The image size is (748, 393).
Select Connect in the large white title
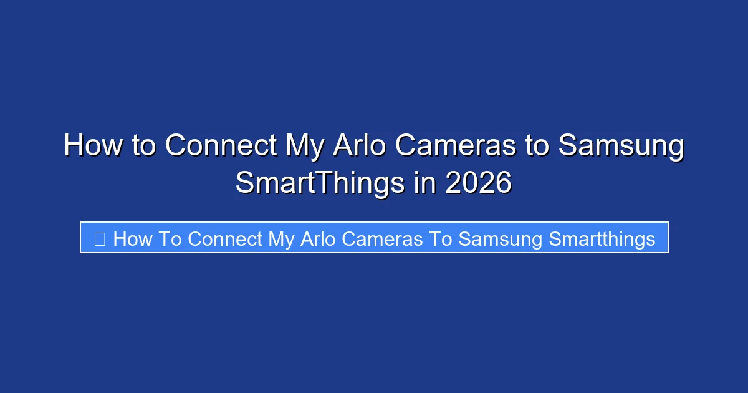tap(221, 146)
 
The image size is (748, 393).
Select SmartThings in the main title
tap(320, 183)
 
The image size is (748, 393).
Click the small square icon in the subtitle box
tap(99, 238)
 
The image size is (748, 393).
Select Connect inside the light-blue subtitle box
tap(225, 238)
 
